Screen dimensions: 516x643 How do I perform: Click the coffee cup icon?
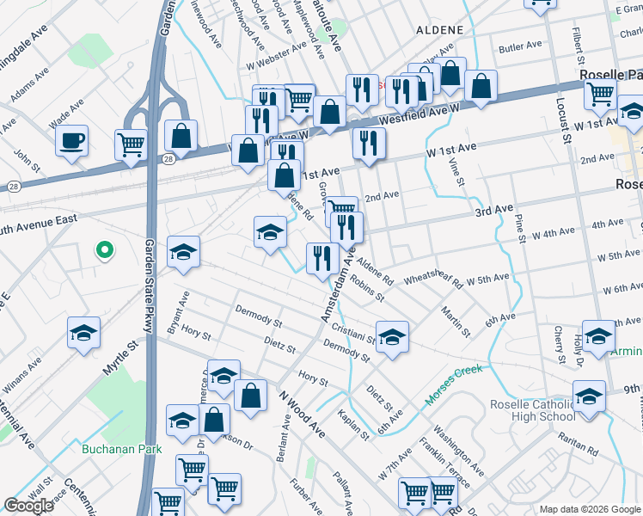point(72,140)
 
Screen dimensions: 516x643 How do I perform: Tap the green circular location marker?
point(104,250)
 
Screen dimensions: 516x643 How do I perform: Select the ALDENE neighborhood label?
point(440,30)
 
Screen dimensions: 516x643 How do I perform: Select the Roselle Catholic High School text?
point(532,411)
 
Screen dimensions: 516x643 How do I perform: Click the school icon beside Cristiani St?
point(392,337)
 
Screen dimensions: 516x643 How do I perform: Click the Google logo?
point(28,506)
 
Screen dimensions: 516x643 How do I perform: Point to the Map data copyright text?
point(589,508)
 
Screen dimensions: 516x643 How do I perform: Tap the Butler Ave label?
point(520,45)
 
